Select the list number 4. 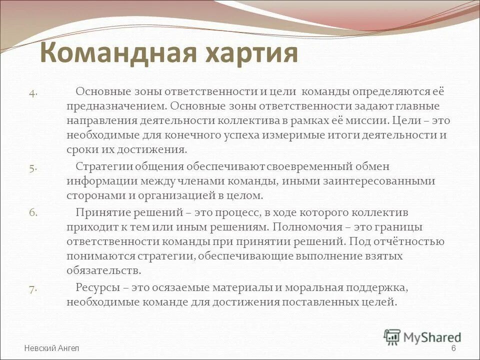pyautogui.click(x=32, y=92)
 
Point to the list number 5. pyautogui.click(x=32, y=168)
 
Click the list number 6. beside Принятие pyautogui.click(x=32, y=212)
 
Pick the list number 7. pyautogui.click(x=32, y=288)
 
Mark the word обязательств pyautogui.click(x=103, y=270)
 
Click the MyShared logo pyautogui.click(x=422, y=336)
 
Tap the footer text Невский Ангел pyautogui.click(x=51, y=348)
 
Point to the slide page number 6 pyautogui.click(x=453, y=348)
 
